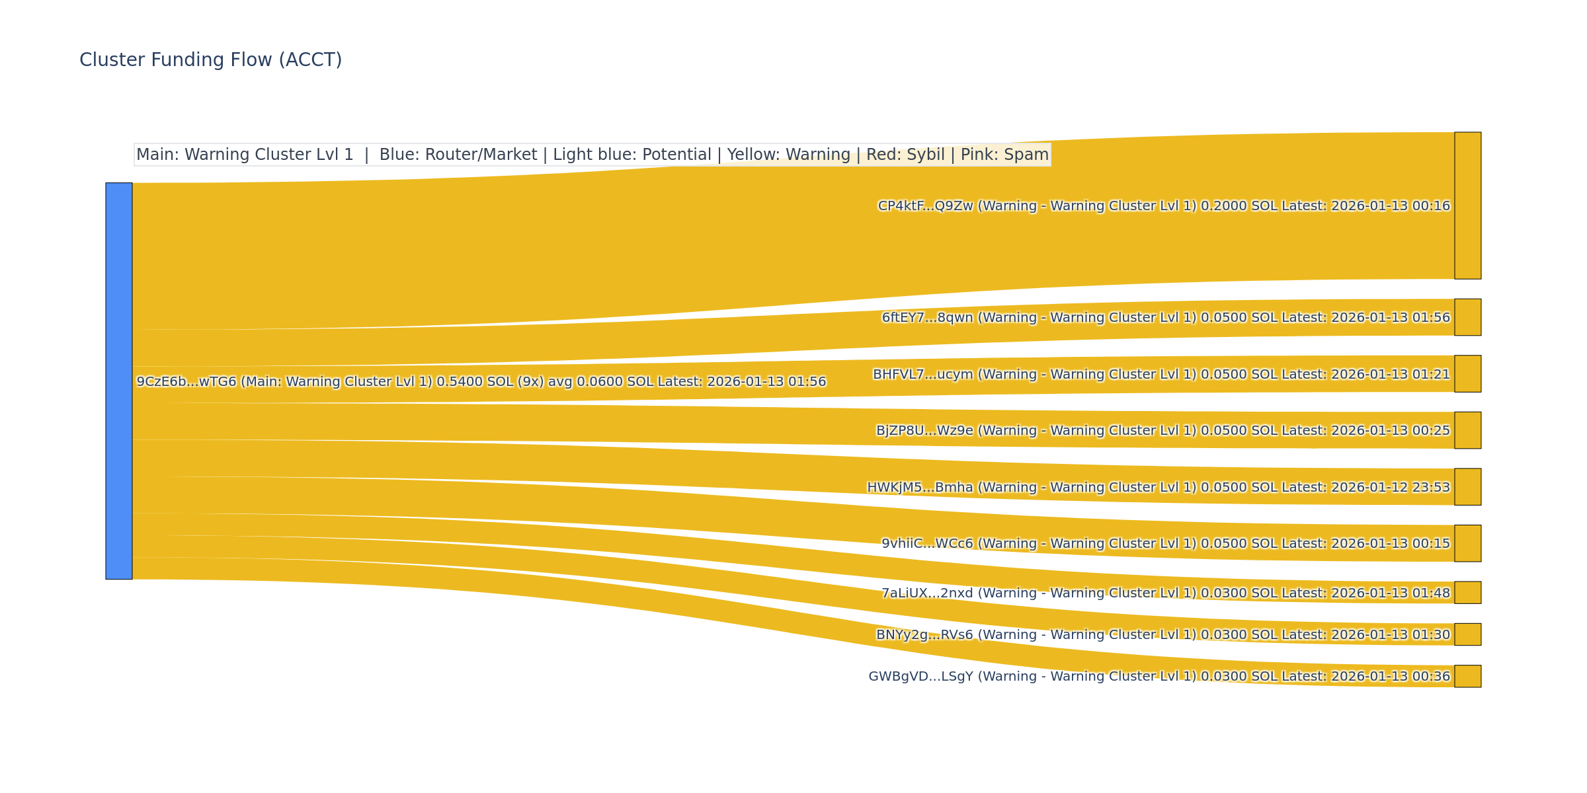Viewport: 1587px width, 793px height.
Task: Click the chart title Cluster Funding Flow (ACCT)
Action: pos(210,60)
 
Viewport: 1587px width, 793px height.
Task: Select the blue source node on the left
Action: pos(119,381)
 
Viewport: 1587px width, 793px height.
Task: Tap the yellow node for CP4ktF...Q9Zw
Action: pos(1467,206)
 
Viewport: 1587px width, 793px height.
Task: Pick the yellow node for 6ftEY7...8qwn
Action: pos(1467,317)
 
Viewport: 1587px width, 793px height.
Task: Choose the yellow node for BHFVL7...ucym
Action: pos(1467,374)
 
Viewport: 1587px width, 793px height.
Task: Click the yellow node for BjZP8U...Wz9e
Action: pos(1467,430)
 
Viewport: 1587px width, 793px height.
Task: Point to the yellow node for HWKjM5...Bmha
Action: pos(1467,487)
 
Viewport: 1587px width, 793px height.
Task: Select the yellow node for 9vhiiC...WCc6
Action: pos(1467,543)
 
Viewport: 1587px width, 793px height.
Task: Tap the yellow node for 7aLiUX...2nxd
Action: pos(1467,593)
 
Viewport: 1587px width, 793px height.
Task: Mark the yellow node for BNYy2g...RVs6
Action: pos(1467,634)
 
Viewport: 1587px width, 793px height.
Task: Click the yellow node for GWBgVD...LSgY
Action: pos(1467,676)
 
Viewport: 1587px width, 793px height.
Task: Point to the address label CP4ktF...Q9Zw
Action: pos(925,206)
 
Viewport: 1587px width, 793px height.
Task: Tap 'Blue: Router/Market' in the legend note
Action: pos(458,155)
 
